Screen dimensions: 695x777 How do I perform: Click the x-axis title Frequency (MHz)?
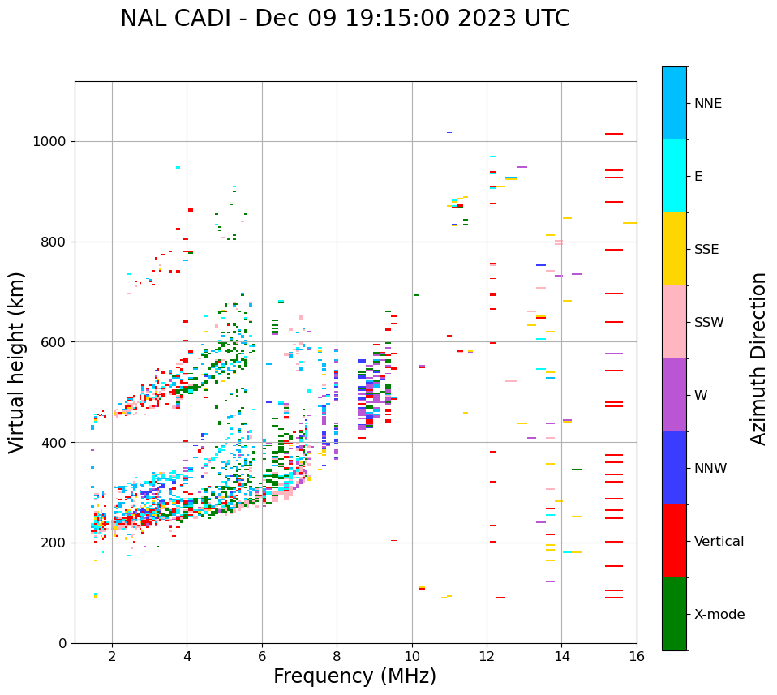coord(354,676)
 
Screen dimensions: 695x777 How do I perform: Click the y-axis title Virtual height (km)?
coord(17,363)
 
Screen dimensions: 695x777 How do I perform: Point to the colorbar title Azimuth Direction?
coord(758,358)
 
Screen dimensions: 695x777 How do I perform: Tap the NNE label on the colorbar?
coord(707,104)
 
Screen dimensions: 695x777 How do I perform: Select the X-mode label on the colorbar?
coord(719,615)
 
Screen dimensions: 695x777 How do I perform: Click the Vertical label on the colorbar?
coord(719,542)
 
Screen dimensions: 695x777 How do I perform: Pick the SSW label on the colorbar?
coord(708,323)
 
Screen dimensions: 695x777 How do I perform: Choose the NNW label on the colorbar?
coord(710,469)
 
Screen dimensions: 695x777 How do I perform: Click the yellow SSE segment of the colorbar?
coord(674,249)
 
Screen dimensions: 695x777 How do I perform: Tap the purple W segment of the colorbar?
coord(674,395)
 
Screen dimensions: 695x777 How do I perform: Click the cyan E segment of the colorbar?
coord(674,176)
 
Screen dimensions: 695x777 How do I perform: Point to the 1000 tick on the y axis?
coord(50,142)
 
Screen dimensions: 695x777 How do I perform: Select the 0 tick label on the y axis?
coord(63,643)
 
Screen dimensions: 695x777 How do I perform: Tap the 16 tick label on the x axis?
coord(637,656)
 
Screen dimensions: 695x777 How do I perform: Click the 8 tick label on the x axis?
coord(337,656)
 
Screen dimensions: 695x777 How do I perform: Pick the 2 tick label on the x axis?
coord(112,656)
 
